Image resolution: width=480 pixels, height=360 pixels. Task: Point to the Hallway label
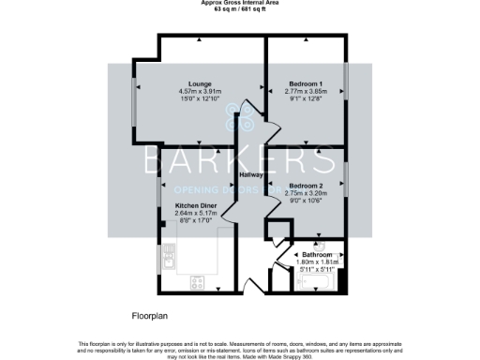(x=250, y=175)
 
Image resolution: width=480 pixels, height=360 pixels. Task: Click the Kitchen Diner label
(x=196, y=204)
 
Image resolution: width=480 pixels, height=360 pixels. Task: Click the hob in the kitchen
(x=199, y=280)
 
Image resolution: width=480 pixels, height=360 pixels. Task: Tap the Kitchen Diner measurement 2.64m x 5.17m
(x=196, y=212)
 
